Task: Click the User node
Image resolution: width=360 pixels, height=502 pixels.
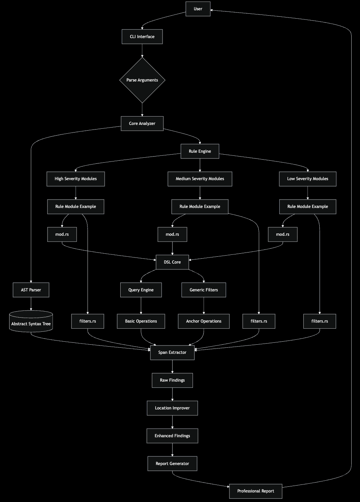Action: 198,9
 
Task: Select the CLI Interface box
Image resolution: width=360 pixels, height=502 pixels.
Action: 142,37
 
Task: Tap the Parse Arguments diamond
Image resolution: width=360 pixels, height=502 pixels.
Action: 142,80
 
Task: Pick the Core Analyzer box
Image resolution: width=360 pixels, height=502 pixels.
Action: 142,123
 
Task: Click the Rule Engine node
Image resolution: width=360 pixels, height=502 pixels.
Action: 200,151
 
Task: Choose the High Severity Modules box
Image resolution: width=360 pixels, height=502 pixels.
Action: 75,179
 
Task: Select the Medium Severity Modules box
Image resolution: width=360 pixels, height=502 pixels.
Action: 200,179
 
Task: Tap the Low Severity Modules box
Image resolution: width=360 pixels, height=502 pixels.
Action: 307,179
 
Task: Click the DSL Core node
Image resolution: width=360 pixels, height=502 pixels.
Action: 172,262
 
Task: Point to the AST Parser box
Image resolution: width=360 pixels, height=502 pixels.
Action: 31,290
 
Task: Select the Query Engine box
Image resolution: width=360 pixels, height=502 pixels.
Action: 141,290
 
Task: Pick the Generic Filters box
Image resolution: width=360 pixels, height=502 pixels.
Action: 204,290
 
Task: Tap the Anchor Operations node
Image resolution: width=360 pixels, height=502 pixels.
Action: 204,321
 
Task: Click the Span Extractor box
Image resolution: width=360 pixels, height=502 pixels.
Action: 172,352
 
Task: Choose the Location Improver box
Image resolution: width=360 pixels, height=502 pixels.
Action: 172,408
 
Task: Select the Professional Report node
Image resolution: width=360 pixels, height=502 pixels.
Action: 256,491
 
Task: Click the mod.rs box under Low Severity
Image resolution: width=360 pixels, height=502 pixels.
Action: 282,234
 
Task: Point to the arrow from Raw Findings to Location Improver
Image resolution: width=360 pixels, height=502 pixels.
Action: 172,394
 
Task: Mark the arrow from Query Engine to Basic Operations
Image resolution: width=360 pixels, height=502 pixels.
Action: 141,305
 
